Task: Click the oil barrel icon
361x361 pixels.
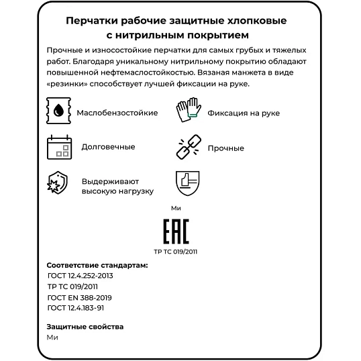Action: pos(58,112)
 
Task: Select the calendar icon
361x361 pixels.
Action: pos(58,147)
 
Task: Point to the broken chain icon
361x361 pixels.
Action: pos(188,148)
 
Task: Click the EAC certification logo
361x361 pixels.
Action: pos(176,231)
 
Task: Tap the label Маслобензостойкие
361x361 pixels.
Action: pos(117,113)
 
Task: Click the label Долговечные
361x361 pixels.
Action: pos(108,147)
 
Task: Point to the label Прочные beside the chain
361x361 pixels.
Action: pos(225,148)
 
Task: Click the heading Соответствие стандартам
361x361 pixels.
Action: pos(97,265)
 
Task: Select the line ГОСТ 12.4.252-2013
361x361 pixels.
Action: pos(80,276)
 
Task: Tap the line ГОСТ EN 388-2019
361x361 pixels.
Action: pos(79,297)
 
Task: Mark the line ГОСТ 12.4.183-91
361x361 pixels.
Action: pos(76,308)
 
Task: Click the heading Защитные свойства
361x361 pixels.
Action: pos(85,327)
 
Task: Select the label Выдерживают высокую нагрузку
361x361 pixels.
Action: pos(117,186)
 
